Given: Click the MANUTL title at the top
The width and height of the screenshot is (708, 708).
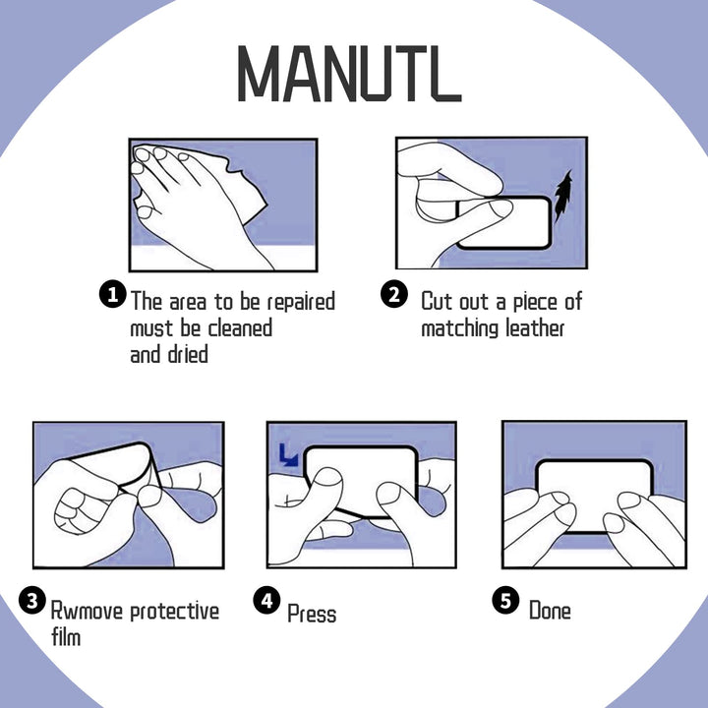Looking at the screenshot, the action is [349, 74].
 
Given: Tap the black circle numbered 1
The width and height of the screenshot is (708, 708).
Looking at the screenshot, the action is [112, 294].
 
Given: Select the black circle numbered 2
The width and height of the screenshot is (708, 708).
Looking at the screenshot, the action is [394, 294].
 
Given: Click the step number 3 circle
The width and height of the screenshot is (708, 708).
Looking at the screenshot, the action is [32, 601].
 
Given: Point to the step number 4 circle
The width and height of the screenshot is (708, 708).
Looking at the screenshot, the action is [266, 600].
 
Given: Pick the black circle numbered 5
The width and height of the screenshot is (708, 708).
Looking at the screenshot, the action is [505, 600].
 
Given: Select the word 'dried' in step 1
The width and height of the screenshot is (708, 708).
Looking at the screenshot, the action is [188, 354].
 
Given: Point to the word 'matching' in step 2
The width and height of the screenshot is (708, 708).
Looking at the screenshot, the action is [459, 328].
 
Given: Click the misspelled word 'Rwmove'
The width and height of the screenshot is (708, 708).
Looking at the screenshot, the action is [87, 611].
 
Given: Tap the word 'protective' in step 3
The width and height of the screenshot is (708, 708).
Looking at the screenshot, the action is [175, 613].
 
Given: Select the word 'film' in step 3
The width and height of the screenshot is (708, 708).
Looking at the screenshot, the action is [66, 636].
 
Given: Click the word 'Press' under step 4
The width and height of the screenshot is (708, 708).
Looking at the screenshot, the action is [312, 614].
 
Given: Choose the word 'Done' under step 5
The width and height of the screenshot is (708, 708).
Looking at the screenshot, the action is [550, 611].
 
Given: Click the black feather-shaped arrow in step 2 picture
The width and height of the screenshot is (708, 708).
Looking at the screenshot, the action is [563, 197].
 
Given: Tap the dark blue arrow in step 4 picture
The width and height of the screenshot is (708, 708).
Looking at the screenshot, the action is [288, 454].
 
